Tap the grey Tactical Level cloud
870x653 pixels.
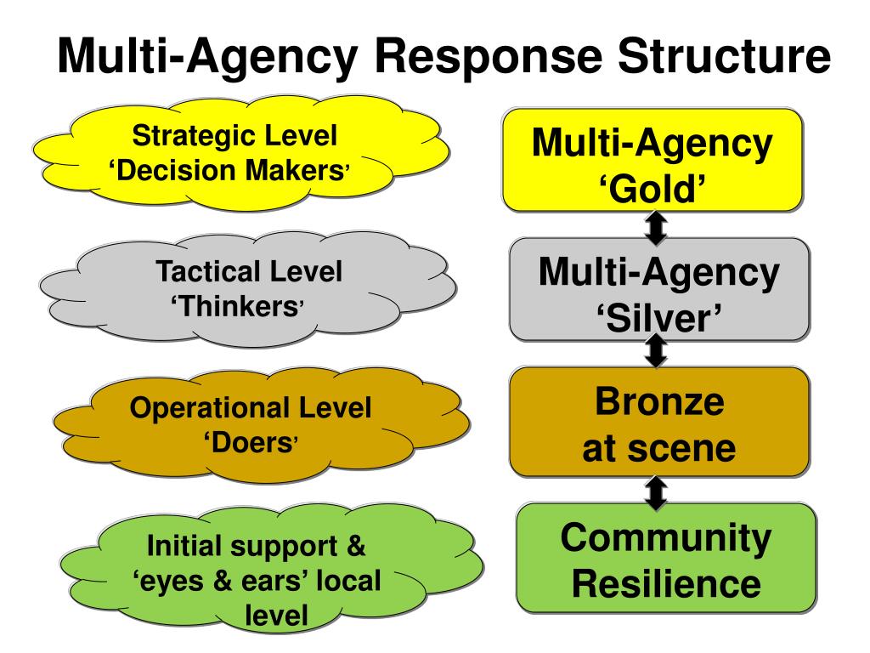coord(246,289)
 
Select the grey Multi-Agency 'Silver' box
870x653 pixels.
coord(658,289)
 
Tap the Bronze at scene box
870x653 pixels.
coord(658,423)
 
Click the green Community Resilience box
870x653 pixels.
coord(665,558)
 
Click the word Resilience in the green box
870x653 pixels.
coord(665,583)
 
